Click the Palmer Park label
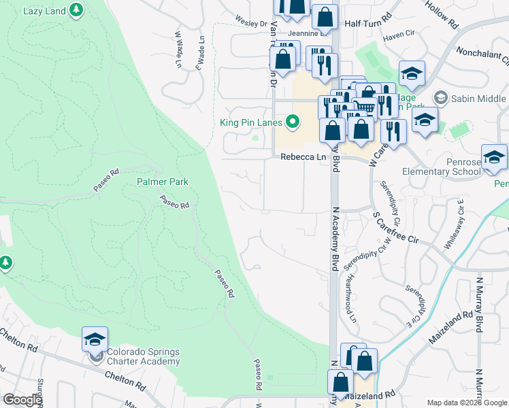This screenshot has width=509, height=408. [162, 182]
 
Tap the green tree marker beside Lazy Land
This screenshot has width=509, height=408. [77, 10]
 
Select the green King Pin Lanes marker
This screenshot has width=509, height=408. [293, 122]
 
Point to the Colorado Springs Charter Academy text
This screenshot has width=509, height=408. [144, 356]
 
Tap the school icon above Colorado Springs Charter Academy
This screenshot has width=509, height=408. [95, 339]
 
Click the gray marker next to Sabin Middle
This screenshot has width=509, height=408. [441, 99]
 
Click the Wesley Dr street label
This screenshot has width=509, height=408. [250, 22]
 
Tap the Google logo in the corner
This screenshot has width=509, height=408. [22, 400]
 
